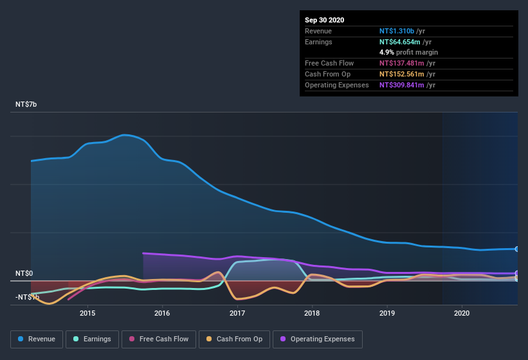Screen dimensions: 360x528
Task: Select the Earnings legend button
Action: tap(91, 339)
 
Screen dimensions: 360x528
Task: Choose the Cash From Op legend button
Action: tap(235, 339)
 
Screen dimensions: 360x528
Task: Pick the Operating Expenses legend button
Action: tap(318, 339)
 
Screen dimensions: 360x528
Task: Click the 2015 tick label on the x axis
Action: tap(87, 313)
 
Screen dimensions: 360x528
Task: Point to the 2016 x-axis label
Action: tap(162, 313)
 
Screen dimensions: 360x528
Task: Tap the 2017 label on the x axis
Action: tap(237, 313)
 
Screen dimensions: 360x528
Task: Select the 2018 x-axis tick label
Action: tap(312, 313)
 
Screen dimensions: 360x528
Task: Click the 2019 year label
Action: tap(387, 313)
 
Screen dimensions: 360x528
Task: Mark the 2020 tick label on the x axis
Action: tap(462, 313)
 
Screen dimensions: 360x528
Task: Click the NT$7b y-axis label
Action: tap(26, 104)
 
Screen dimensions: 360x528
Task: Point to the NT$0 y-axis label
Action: tap(24, 273)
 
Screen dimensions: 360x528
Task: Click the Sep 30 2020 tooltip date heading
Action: tap(324, 20)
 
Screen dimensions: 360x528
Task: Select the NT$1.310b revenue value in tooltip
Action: tap(397, 31)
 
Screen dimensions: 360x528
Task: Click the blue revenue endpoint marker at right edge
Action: tap(517, 249)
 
